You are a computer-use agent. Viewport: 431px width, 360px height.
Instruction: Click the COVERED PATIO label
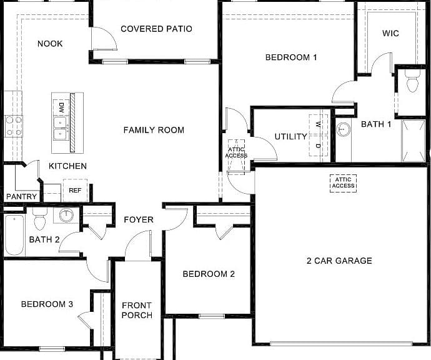(x=156, y=29)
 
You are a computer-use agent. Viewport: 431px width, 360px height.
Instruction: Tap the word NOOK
(x=50, y=44)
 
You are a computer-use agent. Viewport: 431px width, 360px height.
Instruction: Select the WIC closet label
(x=390, y=33)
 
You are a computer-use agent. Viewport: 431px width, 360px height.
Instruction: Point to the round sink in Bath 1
(x=343, y=129)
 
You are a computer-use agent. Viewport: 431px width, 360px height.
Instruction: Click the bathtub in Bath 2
(x=14, y=235)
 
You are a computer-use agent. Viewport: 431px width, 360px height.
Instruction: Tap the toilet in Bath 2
(x=40, y=219)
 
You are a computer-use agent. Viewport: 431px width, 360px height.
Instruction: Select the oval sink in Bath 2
(x=66, y=215)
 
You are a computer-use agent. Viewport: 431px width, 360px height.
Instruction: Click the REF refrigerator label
(x=75, y=191)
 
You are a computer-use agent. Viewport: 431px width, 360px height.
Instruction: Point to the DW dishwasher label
(x=61, y=107)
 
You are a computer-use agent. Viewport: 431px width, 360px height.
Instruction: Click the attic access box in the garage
(x=343, y=183)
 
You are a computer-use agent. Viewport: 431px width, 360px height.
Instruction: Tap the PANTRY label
(x=21, y=197)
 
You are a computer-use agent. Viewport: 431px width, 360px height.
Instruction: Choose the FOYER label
(x=139, y=220)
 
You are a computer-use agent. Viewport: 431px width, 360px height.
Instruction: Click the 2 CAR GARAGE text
(x=339, y=261)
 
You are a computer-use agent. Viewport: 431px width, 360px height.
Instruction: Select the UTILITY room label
(x=291, y=136)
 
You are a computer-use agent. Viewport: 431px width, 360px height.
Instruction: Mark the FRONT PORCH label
(x=137, y=310)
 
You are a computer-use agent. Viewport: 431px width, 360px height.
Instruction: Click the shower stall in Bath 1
(x=414, y=141)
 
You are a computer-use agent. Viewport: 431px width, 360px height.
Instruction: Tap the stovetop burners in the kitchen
(x=14, y=126)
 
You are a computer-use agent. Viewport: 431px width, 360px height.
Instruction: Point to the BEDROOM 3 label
(x=47, y=304)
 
